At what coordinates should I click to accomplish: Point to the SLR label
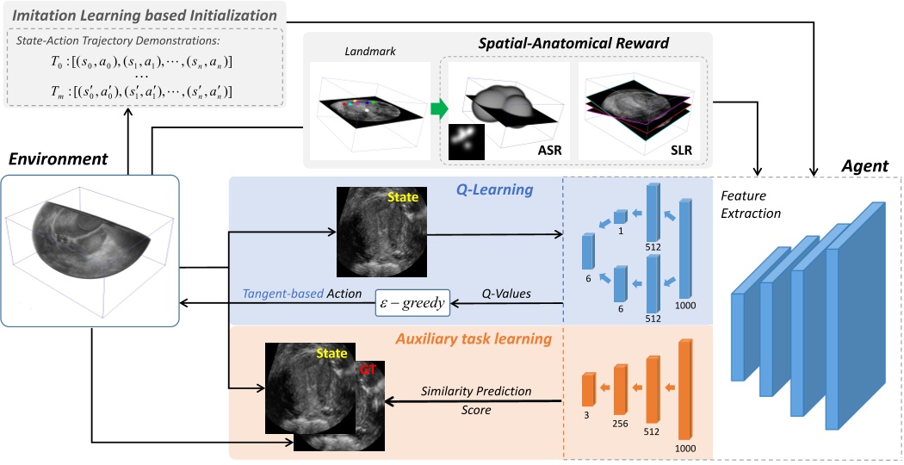pos(682,151)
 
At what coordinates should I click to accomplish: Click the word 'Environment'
pos(59,158)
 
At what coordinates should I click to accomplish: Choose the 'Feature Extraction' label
pos(748,204)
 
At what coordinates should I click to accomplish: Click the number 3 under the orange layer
pos(587,414)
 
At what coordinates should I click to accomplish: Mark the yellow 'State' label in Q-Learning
pos(402,198)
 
